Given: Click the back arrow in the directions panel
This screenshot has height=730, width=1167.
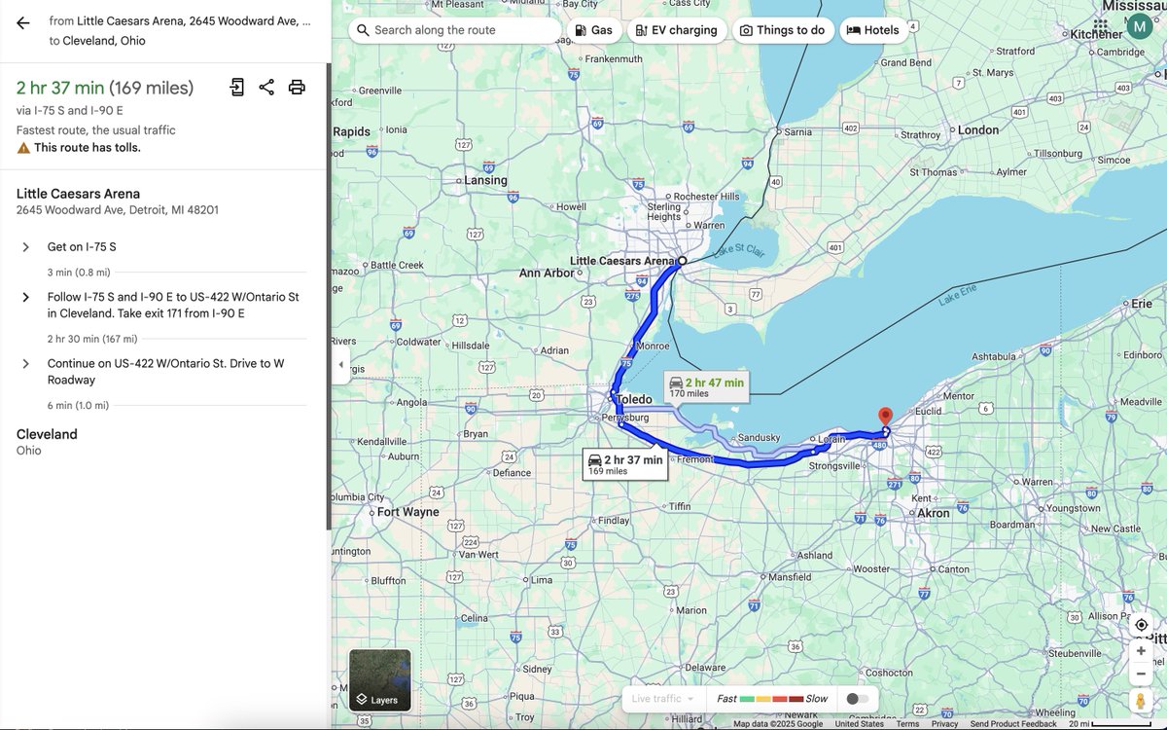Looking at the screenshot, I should click(23, 23).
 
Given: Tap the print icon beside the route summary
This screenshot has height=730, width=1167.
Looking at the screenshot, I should click(297, 88).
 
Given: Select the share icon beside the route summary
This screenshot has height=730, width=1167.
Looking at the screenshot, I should click(266, 88).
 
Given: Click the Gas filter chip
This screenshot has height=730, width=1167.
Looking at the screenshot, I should click(593, 30).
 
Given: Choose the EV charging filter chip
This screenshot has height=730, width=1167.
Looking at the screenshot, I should click(677, 30).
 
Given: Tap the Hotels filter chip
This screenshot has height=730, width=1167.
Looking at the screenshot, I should click(872, 30).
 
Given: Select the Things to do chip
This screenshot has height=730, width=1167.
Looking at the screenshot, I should click(782, 30).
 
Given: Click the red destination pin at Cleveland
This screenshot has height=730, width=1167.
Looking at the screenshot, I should click(885, 417).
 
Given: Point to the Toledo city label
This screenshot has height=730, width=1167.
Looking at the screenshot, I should click(634, 399).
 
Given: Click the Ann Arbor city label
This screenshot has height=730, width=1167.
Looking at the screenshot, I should click(547, 274).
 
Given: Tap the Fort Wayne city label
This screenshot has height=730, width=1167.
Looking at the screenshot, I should click(407, 512).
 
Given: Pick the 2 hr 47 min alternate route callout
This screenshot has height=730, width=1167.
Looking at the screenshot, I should click(707, 386).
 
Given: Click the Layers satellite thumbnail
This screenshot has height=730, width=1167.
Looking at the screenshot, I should click(379, 680).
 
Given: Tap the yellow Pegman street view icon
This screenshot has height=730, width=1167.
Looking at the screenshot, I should click(1141, 701).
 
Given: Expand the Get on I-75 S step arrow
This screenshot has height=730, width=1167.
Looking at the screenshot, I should click(26, 247).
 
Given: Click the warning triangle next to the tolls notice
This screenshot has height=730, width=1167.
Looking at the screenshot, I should click(23, 148).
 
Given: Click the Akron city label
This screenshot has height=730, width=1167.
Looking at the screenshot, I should click(934, 513).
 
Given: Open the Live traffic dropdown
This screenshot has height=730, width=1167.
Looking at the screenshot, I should click(663, 699).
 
